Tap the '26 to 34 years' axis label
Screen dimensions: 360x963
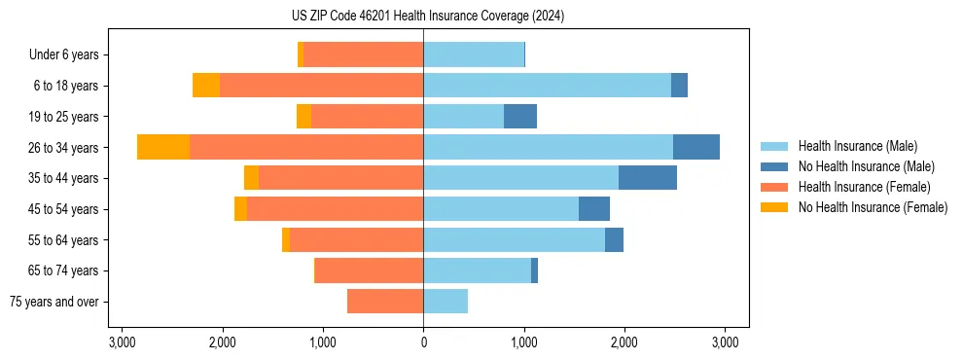pyautogui.click(x=64, y=148)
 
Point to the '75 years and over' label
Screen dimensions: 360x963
pyautogui.click(x=54, y=302)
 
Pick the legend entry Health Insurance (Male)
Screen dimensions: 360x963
pyautogui.click(x=857, y=146)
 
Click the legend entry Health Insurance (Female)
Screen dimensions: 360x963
pyautogui.click(x=864, y=187)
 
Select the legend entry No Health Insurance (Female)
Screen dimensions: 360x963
pyautogui.click(x=873, y=207)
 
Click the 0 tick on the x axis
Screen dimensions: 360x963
pyautogui.click(x=423, y=342)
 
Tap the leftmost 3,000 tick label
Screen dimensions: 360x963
pyautogui.click(x=122, y=342)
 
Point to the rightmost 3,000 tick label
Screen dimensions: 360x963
pyautogui.click(x=724, y=342)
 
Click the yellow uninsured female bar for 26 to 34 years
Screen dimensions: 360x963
pyautogui.click(x=163, y=147)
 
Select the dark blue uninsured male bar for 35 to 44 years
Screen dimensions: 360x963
pyautogui.click(x=648, y=178)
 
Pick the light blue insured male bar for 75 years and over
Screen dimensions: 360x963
pyautogui.click(x=446, y=302)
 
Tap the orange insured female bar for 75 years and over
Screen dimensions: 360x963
pyautogui.click(x=385, y=302)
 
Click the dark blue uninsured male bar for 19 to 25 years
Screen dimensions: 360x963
pyautogui.click(x=520, y=117)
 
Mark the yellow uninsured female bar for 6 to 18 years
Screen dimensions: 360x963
pyautogui.click(x=206, y=86)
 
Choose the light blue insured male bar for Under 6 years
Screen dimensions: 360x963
pyautogui.click(x=474, y=54)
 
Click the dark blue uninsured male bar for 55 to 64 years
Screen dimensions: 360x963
pyautogui.click(x=614, y=239)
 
